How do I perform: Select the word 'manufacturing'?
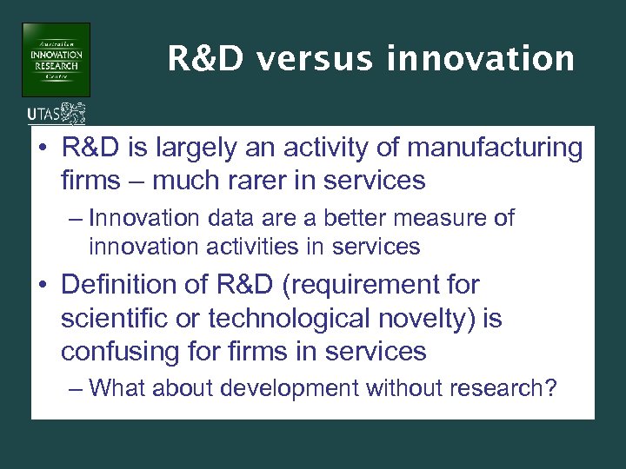coord(499,149)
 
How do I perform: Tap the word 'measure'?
coord(442,218)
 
